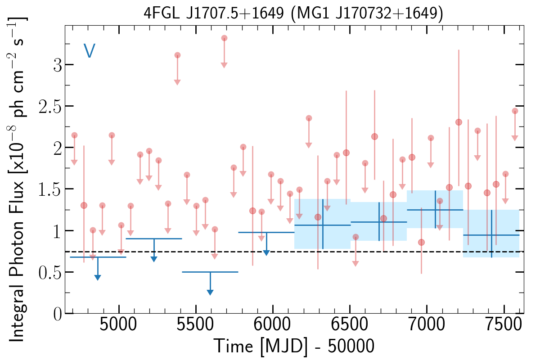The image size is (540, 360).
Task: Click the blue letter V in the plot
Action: click(90, 50)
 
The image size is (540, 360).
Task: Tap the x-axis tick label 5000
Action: click(118, 324)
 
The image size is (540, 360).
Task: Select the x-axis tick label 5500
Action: click(195, 324)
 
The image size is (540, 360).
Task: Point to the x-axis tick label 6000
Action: click(272, 324)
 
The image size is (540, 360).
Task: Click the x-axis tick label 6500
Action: click(350, 324)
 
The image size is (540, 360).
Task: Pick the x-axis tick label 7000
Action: click(427, 324)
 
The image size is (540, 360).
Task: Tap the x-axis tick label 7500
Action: click(504, 324)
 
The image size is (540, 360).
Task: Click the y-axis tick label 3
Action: click(58, 65)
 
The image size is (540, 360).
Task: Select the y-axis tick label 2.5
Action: click(50, 106)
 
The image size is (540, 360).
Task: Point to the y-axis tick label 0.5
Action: click(50, 272)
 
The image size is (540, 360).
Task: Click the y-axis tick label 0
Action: click(58, 314)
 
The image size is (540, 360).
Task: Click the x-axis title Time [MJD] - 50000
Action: click(294, 346)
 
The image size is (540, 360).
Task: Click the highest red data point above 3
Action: click(224, 38)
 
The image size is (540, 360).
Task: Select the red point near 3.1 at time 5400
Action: click(177, 55)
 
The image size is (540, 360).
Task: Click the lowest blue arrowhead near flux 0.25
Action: click(210, 292)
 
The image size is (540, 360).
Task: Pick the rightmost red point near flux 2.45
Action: click(515, 111)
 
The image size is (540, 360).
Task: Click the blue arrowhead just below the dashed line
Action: click(266, 253)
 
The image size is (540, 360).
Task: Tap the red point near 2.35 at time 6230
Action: click(309, 118)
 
